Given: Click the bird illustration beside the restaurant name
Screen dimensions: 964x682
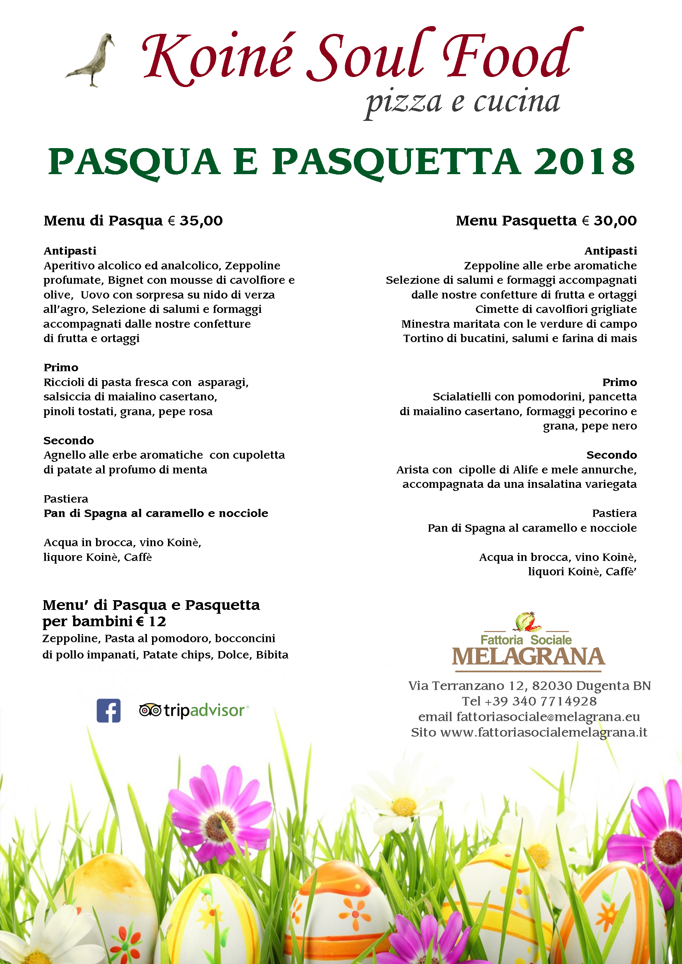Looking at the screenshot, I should coord(93,61).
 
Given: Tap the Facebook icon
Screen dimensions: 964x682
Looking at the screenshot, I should coord(108,711).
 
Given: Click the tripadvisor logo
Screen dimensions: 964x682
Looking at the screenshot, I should coord(194,711).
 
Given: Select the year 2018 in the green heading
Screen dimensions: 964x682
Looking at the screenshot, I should coord(584,162).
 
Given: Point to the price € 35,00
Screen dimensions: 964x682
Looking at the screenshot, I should coord(196,221).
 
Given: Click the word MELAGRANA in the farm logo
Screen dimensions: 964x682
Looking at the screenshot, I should coord(528,657).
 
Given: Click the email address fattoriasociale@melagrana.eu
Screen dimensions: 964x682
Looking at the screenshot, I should coord(548,717).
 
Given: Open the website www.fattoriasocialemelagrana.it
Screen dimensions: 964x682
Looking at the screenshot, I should coord(544,732).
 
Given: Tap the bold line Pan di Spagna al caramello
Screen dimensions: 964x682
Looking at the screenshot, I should coord(156,513).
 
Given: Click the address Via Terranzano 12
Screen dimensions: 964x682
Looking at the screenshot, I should coord(467,686).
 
